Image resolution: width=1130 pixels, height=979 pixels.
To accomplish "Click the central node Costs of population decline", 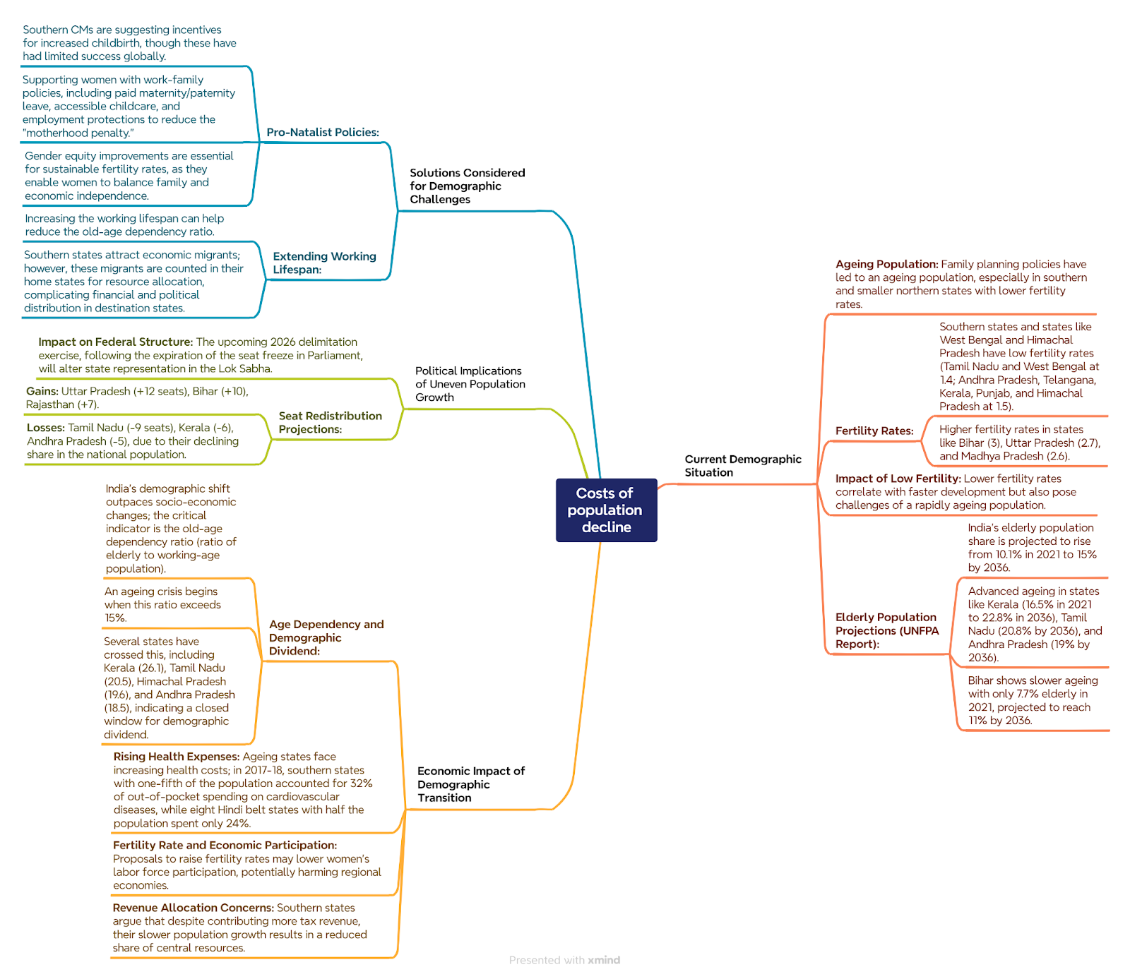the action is (x=606, y=510).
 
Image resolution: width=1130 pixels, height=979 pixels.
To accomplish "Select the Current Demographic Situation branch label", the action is (x=743, y=466).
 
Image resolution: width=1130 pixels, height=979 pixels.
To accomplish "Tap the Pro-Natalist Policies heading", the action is (x=323, y=133).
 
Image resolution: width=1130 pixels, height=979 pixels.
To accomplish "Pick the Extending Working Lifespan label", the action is (x=324, y=263).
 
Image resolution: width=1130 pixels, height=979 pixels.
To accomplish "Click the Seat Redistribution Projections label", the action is (x=330, y=423).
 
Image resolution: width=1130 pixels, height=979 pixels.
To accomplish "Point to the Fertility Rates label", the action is (x=874, y=431).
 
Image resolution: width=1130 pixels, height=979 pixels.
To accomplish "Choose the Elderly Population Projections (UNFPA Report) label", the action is (x=887, y=630).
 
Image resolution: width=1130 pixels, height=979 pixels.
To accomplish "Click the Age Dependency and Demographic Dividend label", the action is (x=326, y=637).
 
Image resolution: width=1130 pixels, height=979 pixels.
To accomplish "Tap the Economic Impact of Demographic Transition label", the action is (x=471, y=784).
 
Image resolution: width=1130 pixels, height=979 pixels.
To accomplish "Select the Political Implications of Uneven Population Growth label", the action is (x=470, y=384).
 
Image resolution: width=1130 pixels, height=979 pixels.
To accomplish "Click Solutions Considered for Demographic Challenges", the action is (x=468, y=186).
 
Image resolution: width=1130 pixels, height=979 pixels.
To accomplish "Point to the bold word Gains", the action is (x=42, y=391).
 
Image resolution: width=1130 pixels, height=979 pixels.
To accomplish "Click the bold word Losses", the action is (x=46, y=428).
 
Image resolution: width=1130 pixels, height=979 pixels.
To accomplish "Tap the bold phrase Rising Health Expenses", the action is (x=177, y=757).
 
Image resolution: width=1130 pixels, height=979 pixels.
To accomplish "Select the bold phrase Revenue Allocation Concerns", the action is (x=194, y=908).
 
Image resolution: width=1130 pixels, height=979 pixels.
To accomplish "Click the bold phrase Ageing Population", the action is (x=886, y=265).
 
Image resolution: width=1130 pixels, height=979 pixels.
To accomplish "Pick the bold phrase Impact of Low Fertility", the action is (x=898, y=479).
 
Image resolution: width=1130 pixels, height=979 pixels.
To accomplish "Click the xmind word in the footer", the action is (x=604, y=960).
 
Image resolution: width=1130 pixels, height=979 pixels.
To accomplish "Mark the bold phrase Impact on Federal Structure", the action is (x=115, y=342).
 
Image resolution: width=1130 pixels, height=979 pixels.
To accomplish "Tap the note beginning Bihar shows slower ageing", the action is (x=1033, y=701).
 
